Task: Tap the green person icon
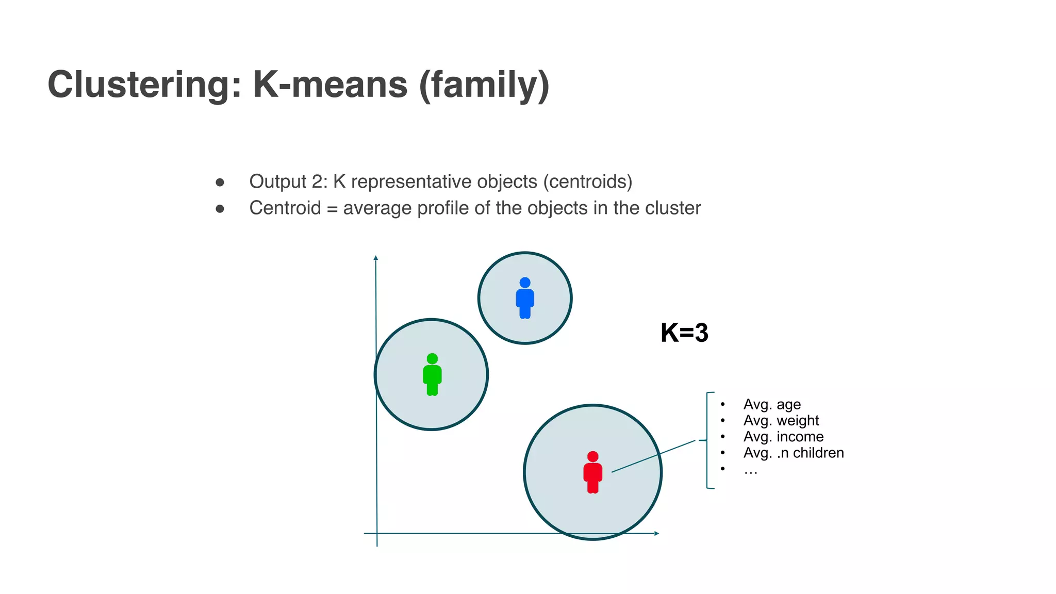(432, 375)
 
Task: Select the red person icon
(592, 472)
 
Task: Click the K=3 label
(684, 333)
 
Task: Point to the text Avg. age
(772, 404)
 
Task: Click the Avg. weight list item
(781, 421)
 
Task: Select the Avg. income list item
(783, 437)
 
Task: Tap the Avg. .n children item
(794, 453)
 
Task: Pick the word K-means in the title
(330, 85)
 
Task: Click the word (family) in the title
(484, 85)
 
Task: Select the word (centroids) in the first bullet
(588, 181)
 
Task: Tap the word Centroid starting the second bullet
(285, 208)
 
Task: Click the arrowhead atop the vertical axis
(376, 258)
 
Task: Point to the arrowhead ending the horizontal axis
(656, 533)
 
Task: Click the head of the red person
(592, 456)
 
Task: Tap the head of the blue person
(525, 283)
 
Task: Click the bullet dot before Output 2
(220, 182)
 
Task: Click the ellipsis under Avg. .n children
(750, 470)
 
